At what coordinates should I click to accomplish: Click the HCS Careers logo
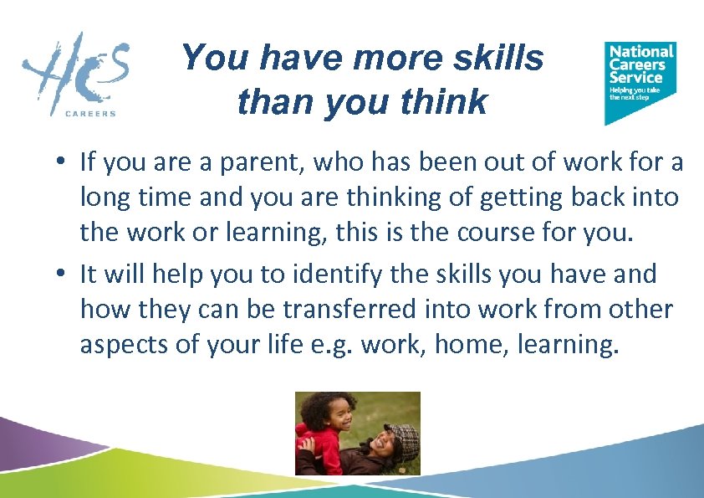(76, 74)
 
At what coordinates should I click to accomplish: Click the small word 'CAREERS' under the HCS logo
(90, 114)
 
